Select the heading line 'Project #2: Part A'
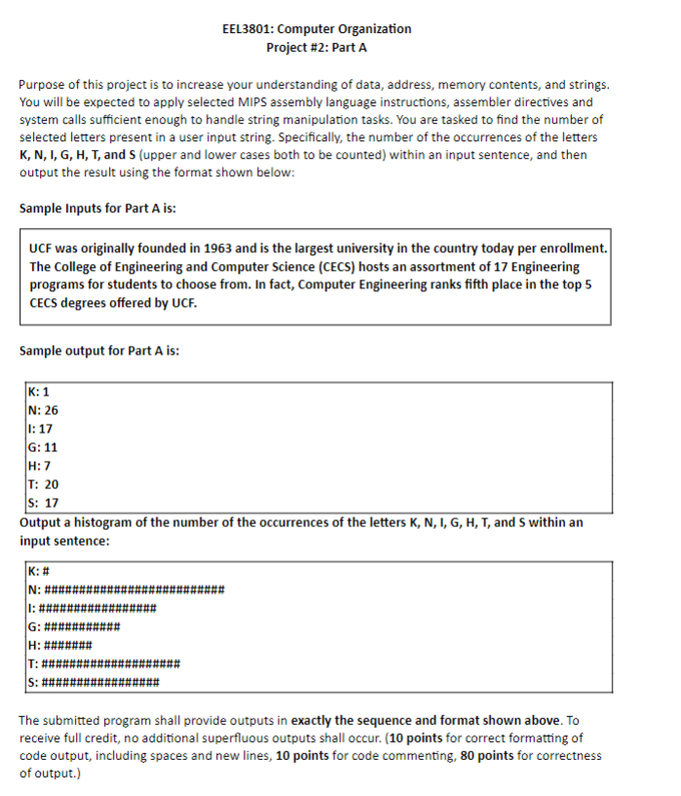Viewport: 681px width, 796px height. [x=317, y=47]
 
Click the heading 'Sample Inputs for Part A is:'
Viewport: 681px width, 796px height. [x=97, y=208]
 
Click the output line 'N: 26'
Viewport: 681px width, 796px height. [x=44, y=410]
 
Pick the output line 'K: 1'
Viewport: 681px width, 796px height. [x=40, y=392]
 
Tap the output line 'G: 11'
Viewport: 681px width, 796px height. [x=44, y=447]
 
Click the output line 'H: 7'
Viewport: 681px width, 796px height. [x=40, y=466]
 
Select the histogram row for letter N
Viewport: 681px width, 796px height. [x=127, y=589]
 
